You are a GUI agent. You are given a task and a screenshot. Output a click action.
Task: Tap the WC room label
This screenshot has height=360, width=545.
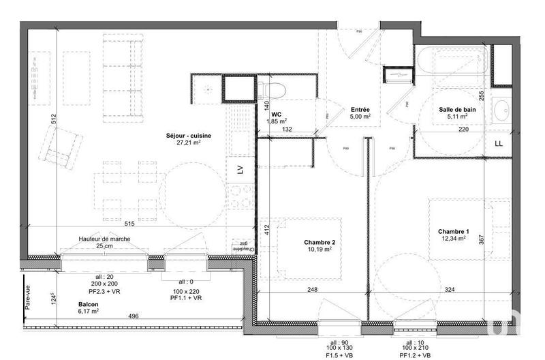pos(277,115)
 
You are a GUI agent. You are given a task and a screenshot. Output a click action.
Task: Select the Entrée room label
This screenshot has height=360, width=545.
pos(360,109)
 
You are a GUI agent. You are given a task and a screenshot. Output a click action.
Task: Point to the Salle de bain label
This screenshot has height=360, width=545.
pos(457,109)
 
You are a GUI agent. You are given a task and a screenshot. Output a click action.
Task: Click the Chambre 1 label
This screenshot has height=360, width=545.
pos(453,231)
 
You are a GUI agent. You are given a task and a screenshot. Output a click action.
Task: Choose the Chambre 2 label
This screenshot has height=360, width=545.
pos(319,242)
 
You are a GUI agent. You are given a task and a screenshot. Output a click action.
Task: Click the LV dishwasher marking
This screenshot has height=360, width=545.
pos(240,170)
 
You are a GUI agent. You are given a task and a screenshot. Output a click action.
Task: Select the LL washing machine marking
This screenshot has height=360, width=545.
pos(499,144)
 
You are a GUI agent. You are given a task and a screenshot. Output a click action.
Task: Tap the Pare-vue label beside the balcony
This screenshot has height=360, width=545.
pos(29,297)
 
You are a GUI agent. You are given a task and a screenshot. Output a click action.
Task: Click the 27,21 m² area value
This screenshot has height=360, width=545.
pos(189,143)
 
